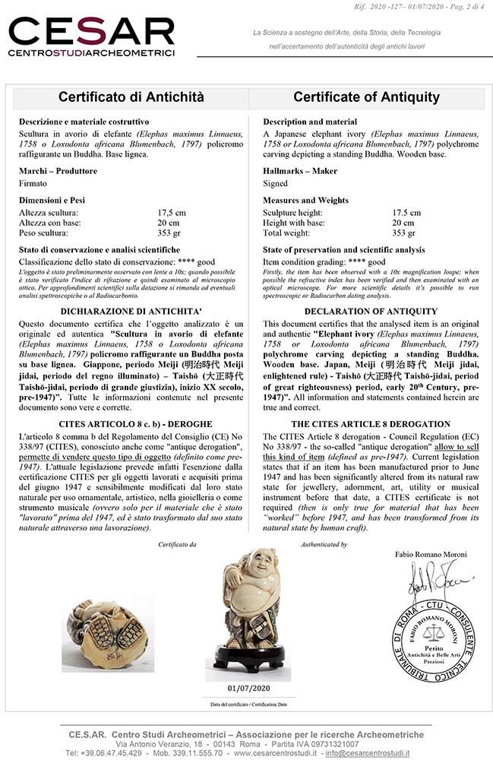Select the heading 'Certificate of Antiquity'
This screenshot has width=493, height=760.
[x=366, y=97]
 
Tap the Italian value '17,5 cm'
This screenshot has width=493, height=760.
[x=172, y=213]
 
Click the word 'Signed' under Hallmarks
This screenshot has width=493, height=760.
[x=275, y=183]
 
